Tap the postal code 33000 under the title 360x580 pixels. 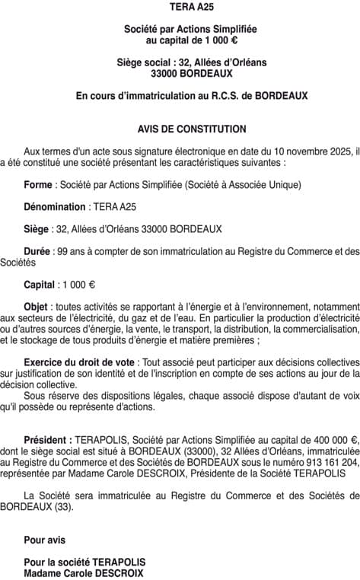pos(165,74)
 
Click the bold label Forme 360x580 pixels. pos(38,184)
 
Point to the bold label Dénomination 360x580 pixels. pos(55,206)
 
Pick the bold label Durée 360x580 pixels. pos(37,250)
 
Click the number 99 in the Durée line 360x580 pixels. pos(62,250)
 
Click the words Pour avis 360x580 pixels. pos(44,540)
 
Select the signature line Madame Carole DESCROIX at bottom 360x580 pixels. pos(84,573)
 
